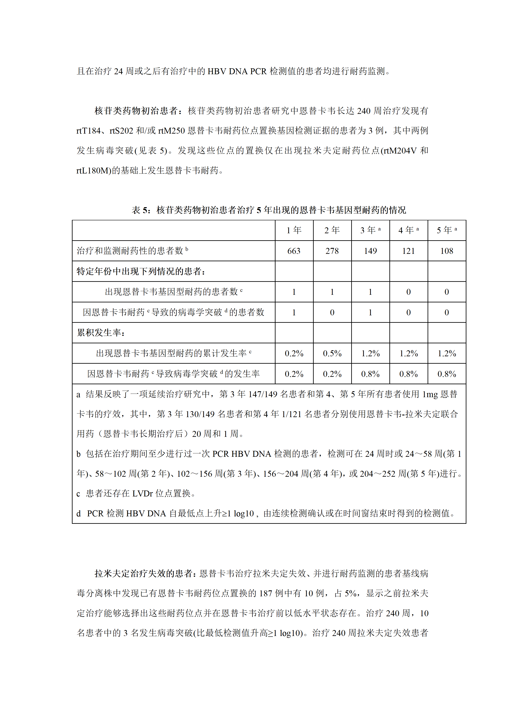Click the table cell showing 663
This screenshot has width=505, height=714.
[x=294, y=251]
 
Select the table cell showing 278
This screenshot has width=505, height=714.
[x=332, y=251]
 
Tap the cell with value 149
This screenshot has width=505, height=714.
[x=370, y=251]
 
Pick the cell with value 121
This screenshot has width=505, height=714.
[x=408, y=251]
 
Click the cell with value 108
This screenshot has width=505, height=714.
[x=447, y=251]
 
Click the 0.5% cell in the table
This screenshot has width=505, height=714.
[x=332, y=354]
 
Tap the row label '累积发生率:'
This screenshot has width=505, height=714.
[x=101, y=333]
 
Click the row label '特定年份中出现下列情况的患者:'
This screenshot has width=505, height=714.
[x=141, y=271]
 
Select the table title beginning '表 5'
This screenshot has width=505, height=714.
[x=269, y=210]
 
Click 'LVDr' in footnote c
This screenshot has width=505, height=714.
[x=142, y=493]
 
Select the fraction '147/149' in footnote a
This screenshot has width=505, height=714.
[x=263, y=394]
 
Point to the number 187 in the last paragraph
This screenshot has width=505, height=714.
[x=266, y=593]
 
